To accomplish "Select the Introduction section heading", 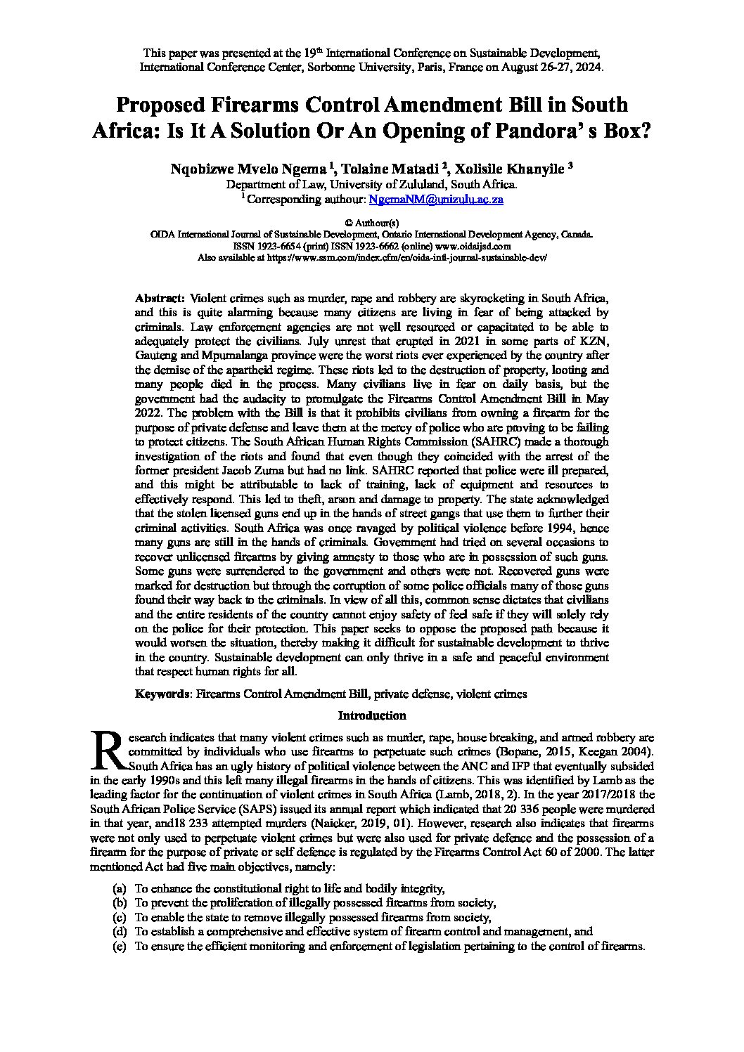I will [372, 715].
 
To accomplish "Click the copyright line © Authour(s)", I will [372, 223].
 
